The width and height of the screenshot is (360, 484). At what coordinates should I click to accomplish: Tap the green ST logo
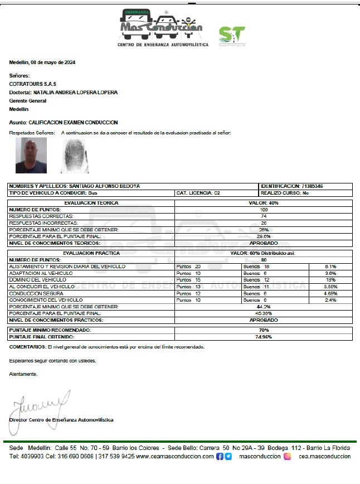pyautogui.click(x=231, y=36)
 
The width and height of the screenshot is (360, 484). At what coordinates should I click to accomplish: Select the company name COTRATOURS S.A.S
pyautogui.click(x=33, y=84)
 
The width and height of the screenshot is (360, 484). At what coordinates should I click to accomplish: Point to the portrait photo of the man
pyautogui.click(x=31, y=156)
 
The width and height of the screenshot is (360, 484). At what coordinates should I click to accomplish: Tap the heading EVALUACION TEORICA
pyautogui.click(x=91, y=203)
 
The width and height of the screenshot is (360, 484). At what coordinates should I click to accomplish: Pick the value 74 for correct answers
pyautogui.click(x=264, y=216)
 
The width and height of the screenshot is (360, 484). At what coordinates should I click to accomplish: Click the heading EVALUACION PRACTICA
pyautogui.click(x=91, y=253)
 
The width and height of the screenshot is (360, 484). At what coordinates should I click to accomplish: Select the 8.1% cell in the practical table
pyautogui.click(x=330, y=267)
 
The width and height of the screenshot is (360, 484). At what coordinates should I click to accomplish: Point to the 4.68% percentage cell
pyautogui.click(x=330, y=293)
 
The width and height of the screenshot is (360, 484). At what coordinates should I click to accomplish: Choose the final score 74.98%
pyautogui.click(x=264, y=337)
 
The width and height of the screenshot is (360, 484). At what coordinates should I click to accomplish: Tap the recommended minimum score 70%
pyautogui.click(x=264, y=330)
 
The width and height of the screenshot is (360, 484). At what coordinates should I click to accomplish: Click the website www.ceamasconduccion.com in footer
pyautogui.click(x=174, y=456)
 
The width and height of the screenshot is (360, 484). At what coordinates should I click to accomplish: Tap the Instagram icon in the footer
pyautogui.click(x=288, y=456)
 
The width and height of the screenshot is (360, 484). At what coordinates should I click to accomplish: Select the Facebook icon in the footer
pyautogui.click(x=220, y=456)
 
